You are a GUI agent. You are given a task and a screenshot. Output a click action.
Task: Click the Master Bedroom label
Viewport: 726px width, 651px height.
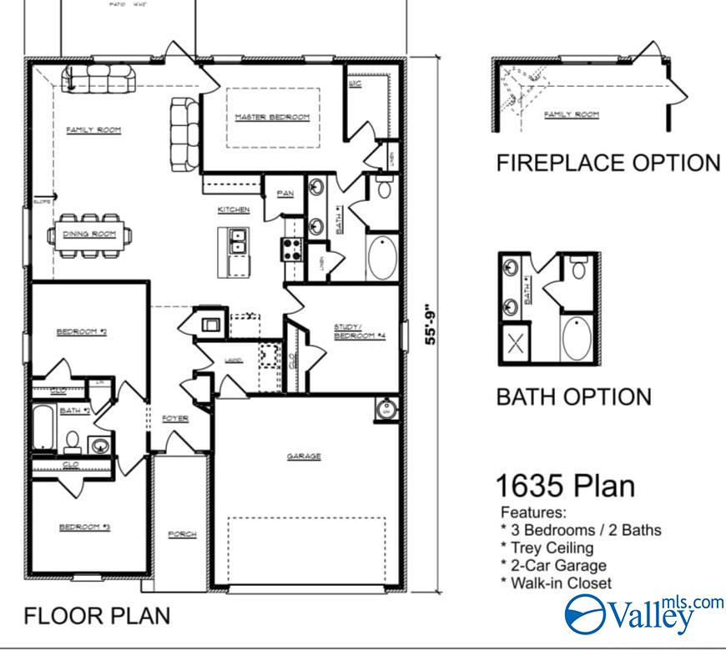pyautogui.click(x=271, y=117)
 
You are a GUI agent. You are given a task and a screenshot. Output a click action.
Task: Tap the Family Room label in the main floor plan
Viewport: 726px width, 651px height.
pyautogui.click(x=93, y=130)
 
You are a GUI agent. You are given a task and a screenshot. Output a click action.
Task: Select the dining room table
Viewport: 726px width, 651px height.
pyautogui.click(x=91, y=235)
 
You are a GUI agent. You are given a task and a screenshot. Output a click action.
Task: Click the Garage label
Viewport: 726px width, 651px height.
pyautogui.click(x=304, y=457)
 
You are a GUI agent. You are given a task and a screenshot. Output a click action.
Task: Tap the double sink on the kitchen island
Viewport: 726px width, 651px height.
pyautogui.click(x=238, y=242)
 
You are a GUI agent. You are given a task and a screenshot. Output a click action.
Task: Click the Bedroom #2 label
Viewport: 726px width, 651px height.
pyautogui.click(x=81, y=332)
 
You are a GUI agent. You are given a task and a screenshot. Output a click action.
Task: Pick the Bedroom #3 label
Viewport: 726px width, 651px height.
pyautogui.click(x=80, y=527)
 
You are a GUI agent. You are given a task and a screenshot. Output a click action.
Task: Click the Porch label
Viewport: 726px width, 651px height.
pyautogui.click(x=182, y=534)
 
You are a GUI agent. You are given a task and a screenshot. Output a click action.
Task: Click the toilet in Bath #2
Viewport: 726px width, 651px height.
pyautogui.click(x=72, y=440)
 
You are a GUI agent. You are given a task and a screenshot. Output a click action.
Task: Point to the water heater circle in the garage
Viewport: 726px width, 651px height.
pyautogui.click(x=385, y=410)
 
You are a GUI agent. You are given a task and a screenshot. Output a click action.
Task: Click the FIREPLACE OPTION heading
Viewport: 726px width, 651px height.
pyautogui.click(x=608, y=163)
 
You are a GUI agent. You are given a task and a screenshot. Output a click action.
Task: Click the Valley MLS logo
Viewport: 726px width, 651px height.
pyautogui.click(x=643, y=613)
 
